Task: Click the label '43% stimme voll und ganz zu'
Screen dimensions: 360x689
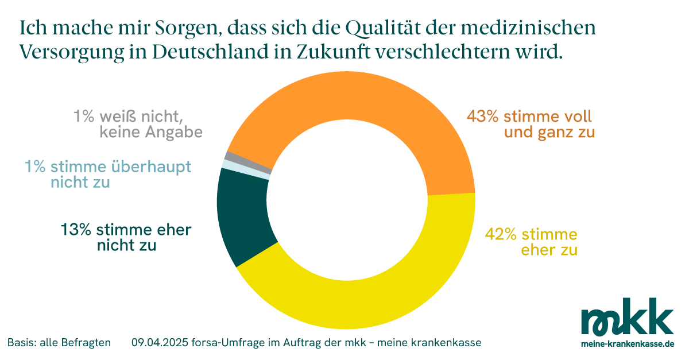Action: pos(529,125)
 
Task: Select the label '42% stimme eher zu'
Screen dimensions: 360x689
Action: pos(531,242)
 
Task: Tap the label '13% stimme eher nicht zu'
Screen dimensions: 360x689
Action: pos(126,238)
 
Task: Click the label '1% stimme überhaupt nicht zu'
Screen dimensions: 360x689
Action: pos(107,175)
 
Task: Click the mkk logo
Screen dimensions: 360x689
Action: pos(627,317)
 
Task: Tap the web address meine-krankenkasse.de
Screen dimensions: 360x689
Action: pos(628,344)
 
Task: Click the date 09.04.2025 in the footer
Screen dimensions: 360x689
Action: pos(156,343)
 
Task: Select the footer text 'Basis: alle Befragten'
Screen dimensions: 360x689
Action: pos(59,343)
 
